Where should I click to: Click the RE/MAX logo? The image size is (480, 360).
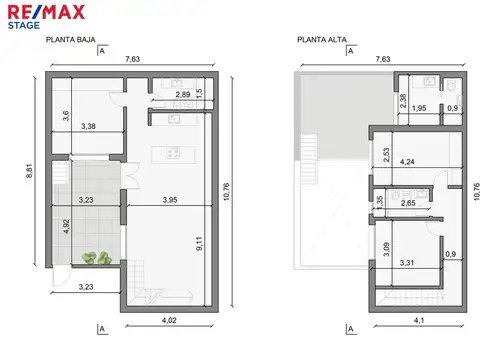[x=46, y=12]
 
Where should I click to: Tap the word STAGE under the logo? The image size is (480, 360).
[x=24, y=26]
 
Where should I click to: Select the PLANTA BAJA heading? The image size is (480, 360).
[x=71, y=40]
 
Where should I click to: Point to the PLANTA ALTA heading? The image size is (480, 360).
[x=322, y=40]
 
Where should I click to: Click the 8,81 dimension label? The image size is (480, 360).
[x=30, y=171]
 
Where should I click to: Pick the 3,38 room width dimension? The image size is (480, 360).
[x=88, y=126]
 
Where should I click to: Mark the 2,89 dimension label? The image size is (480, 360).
[x=183, y=95]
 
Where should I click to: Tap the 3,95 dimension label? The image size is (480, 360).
[x=170, y=200]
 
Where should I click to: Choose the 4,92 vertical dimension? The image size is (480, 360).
[x=66, y=226]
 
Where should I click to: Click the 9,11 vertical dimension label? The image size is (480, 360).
[x=199, y=244]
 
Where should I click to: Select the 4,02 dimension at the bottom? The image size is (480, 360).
[x=169, y=320]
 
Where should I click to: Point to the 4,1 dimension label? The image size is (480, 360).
[x=419, y=320]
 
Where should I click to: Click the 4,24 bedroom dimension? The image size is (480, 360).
[x=407, y=162]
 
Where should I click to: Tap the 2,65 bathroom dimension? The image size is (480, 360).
[x=408, y=203]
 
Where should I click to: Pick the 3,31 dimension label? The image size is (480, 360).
[x=407, y=263]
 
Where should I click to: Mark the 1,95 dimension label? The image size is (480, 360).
[x=419, y=108]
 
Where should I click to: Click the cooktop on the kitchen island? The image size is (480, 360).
[x=173, y=154]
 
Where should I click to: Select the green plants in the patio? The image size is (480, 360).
[x=97, y=258]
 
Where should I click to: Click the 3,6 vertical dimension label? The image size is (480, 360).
[x=66, y=115]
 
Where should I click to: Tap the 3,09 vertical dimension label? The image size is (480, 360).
[x=386, y=249]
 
